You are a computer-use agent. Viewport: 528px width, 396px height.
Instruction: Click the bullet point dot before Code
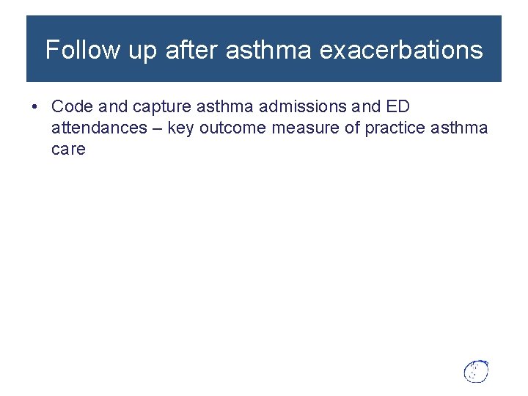click(x=35, y=106)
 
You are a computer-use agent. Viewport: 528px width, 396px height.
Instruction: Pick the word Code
click(x=72, y=106)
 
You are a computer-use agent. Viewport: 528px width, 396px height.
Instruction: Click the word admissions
click(x=287, y=106)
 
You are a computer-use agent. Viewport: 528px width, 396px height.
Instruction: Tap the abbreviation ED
click(x=397, y=106)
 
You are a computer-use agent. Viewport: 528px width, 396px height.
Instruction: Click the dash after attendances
click(x=160, y=128)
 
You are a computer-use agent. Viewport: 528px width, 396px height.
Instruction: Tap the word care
click(x=68, y=150)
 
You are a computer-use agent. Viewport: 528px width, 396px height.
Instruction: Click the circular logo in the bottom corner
click(x=476, y=371)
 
